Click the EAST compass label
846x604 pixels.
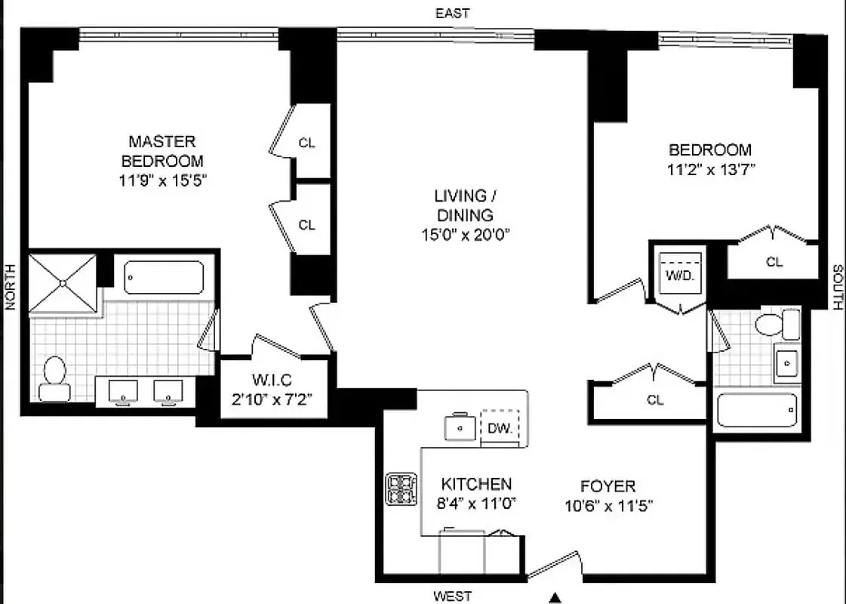coord(453,14)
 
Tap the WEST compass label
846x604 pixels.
coord(453,596)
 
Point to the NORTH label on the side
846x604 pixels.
coord(11,287)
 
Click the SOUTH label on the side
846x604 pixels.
coord(838,287)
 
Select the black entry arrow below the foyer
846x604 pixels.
coord(555,597)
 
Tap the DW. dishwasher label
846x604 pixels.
coord(500,428)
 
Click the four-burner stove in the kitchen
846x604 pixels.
coord(401,488)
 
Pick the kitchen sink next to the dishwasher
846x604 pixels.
coord(460,427)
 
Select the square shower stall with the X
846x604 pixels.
coord(63,283)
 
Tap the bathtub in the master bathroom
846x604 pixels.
coord(164,277)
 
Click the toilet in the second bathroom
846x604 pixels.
coord(777,325)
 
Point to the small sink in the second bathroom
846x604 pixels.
coord(787,362)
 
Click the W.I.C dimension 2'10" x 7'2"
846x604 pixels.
coord(272,399)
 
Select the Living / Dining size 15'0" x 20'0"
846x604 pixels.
coord(465,235)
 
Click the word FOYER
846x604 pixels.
coord(608,486)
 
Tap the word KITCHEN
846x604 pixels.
coord(476,484)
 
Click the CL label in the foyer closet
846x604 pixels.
coord(655,400)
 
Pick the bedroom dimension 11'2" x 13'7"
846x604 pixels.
coord(711,169)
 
